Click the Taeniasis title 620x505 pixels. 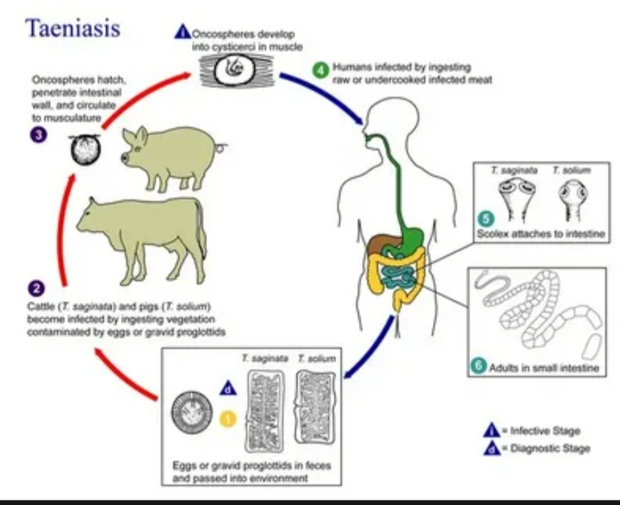tap(73, 27)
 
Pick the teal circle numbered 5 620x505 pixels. tap(486, 219)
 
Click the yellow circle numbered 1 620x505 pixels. tap(228, 419)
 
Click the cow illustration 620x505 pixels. tap(144, 235)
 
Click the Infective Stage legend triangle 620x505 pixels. tap(491, 430)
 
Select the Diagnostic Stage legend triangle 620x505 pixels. tap(491, 448)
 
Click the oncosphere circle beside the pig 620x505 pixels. tap(85, 150)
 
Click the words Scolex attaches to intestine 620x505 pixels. tap(541, 234)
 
